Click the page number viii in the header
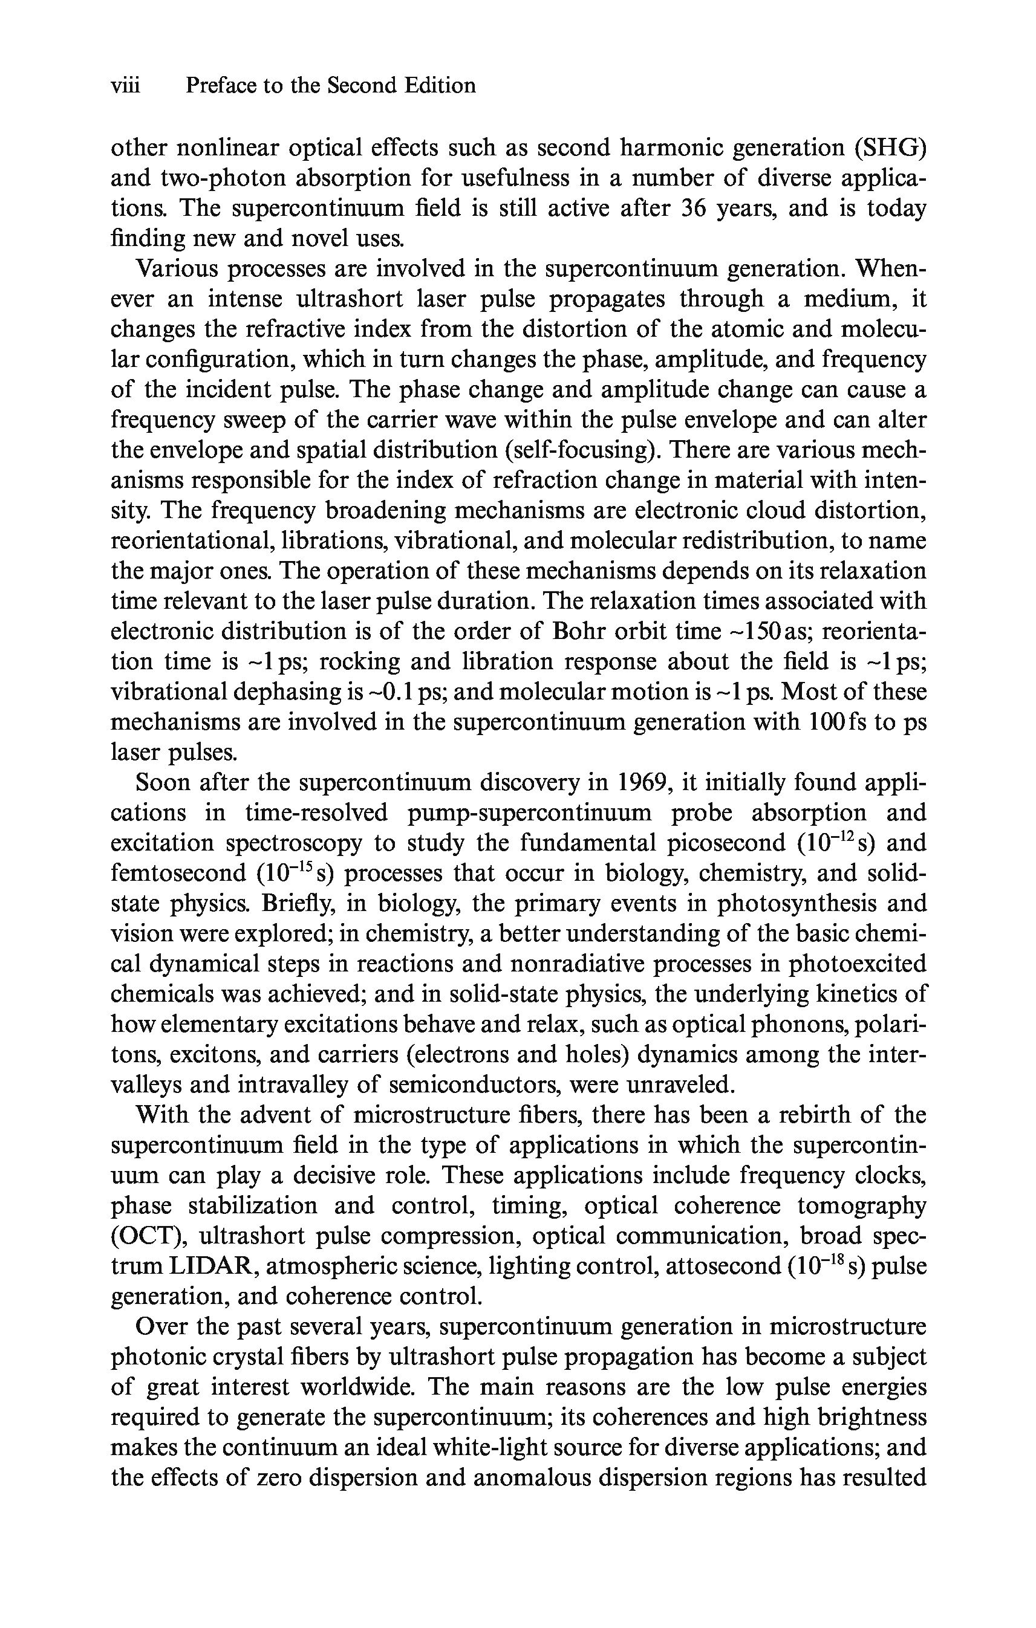(x=125, y=86)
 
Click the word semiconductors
(x=476, y=1085)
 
